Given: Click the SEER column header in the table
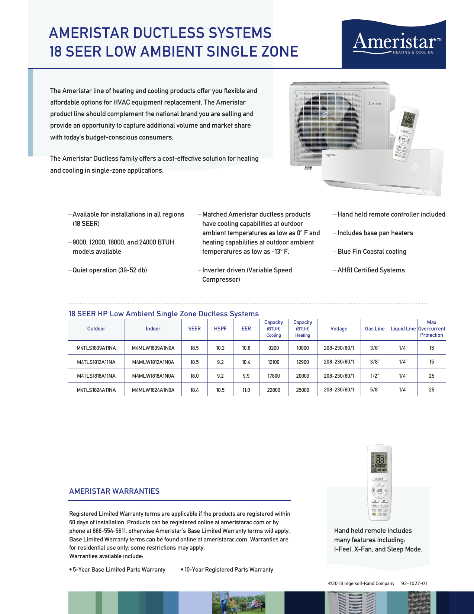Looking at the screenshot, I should [x=194, y=329].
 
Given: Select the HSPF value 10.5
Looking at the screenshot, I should [x=220, y=390].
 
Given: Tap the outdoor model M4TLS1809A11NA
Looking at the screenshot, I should [x=96, y=348].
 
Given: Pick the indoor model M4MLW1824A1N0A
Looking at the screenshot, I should [x=153, y=390].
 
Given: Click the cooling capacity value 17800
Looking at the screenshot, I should [x=274, y=376].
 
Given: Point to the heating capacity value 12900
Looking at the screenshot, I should [x=303, y=362].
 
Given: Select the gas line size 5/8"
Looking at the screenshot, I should [x=375, y=390].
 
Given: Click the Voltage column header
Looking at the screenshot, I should [x=339, y=329].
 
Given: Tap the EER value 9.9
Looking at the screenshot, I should [x=246, y=376].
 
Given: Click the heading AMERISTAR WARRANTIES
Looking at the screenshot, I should [x=114, y=491].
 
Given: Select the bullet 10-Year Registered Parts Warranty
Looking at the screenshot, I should [x=229, y=570].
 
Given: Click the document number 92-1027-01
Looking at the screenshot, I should [x=414, y=583].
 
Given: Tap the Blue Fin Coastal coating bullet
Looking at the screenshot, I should [x=372, y=252].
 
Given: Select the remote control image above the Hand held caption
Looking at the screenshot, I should [x=379, y=483].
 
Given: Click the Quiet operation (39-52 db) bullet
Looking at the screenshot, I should [x=110, y=270].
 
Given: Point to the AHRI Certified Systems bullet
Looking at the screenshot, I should [x=371, y=270].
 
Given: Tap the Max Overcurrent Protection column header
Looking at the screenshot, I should [x=432, y=329].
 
